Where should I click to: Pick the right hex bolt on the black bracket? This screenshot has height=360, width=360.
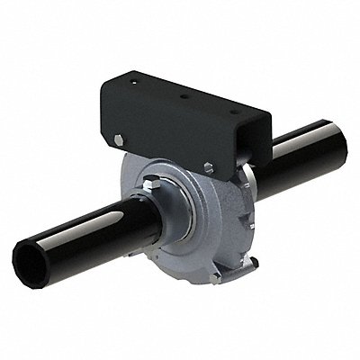coord(209,166)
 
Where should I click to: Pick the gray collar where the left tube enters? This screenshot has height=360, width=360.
coord(148,220)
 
